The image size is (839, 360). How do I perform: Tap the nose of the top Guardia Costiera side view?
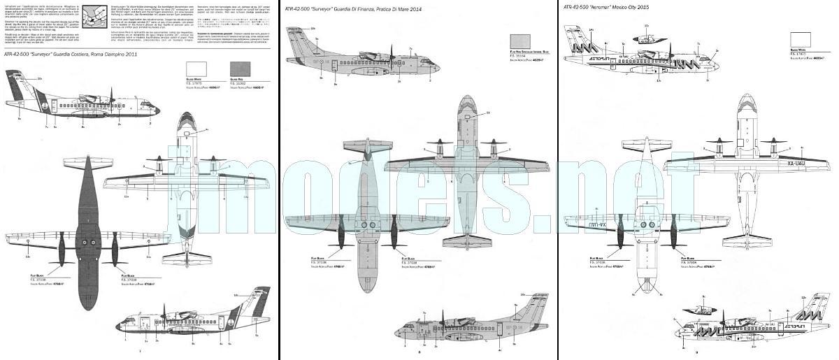158,109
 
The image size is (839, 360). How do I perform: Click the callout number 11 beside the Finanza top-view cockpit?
488,112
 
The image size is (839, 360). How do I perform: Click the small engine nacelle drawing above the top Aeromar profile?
647,38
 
